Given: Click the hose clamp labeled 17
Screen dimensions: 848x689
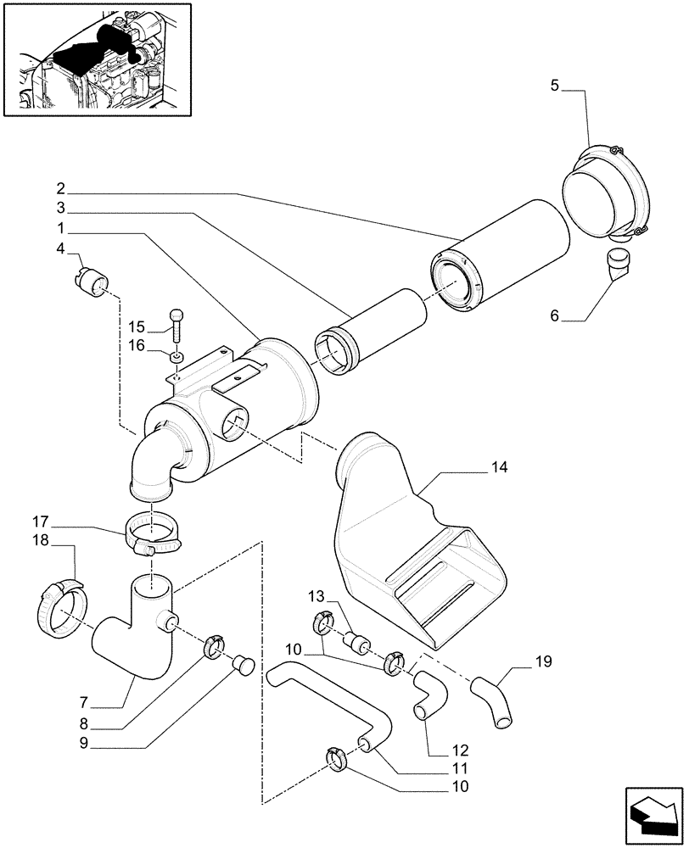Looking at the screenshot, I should [154, 538].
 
